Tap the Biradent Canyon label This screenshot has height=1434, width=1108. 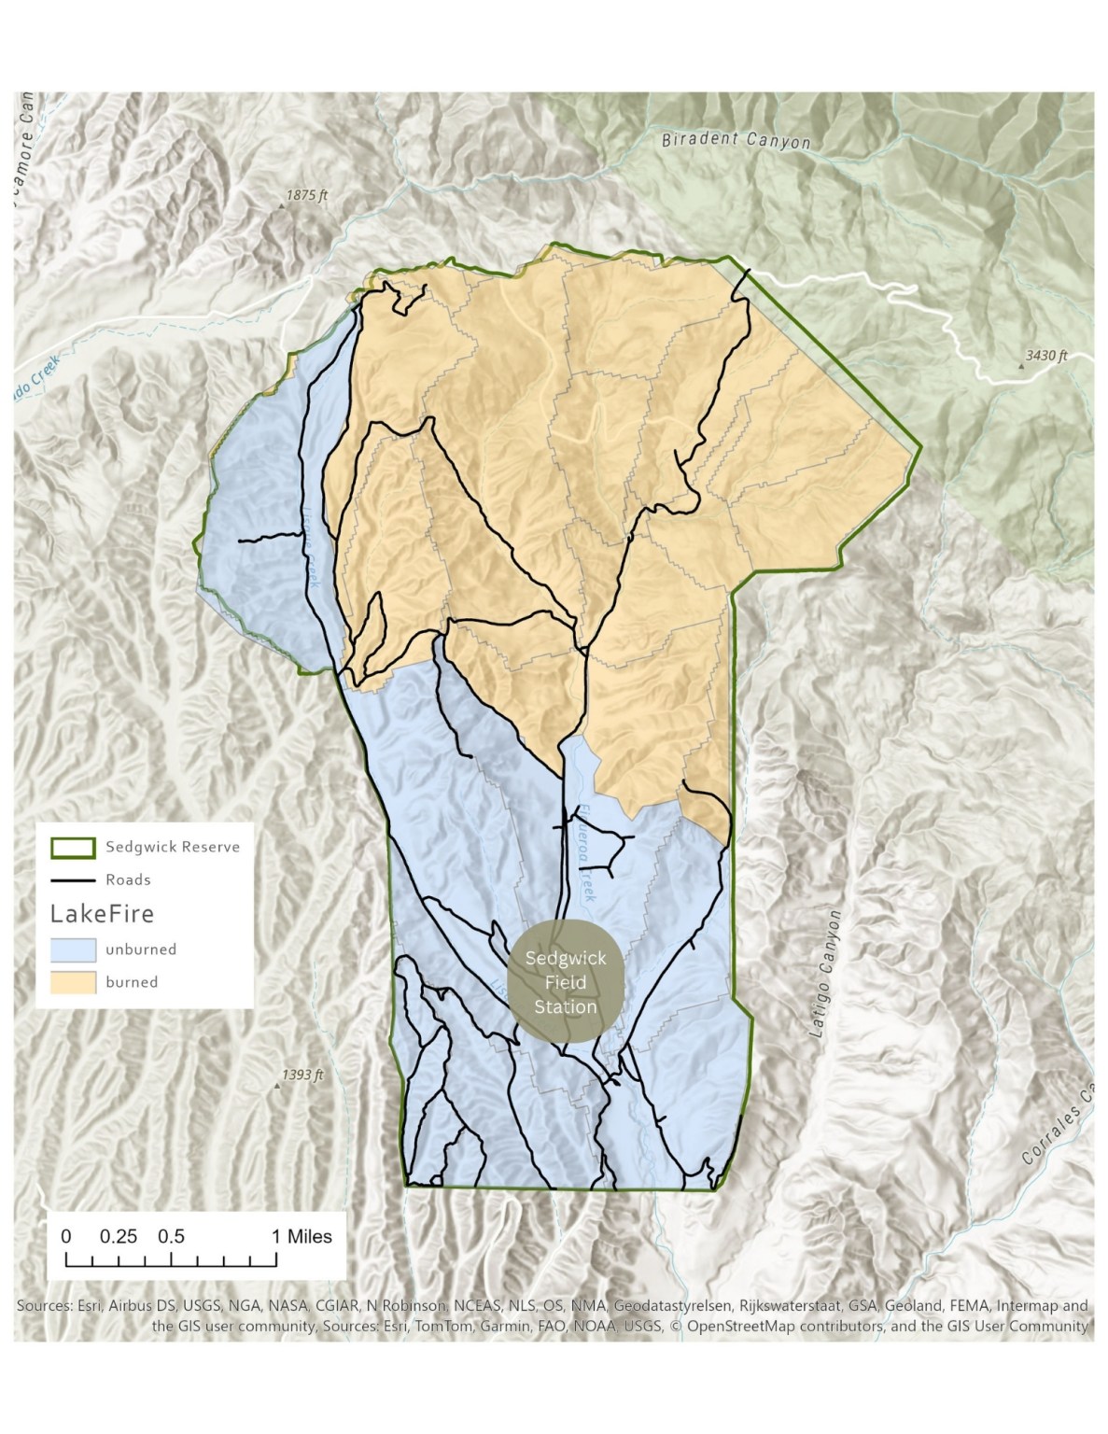736,141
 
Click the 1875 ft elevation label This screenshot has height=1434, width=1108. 307,196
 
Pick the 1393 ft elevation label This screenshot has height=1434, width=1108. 302,1075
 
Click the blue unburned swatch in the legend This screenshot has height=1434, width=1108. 73,949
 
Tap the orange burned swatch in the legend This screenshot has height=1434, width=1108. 73,982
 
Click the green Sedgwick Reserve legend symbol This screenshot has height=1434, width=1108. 73,847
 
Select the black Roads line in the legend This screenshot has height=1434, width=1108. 73,879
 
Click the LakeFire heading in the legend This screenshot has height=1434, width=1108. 102,913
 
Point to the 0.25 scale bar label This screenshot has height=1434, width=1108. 119,1236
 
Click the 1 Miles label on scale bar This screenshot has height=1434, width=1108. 302,1236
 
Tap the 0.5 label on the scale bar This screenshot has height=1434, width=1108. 171,1236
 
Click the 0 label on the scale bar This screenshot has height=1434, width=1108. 66,1236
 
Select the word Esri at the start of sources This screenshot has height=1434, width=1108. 87,1305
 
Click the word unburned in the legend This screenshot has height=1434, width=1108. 141,949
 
